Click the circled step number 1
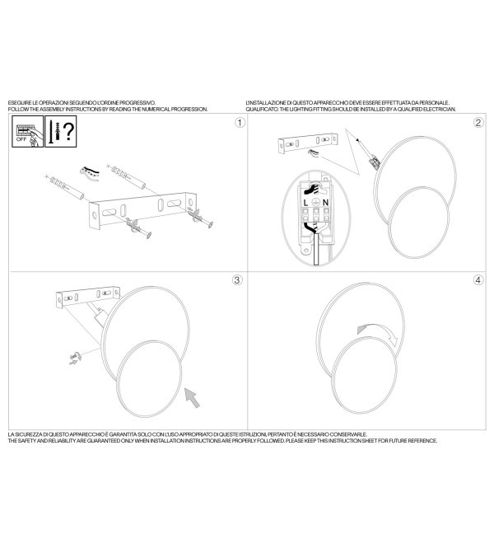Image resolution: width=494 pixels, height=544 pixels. (x=240, y=123)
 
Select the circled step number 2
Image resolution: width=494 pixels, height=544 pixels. (x=478, y=123)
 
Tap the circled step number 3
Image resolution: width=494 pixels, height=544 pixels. (x=237, y=280)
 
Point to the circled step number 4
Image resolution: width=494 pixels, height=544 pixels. (x=478, y=280)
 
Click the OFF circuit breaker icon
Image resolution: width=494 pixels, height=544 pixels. (x=28, y=132)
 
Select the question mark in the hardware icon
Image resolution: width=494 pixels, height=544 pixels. (x=68, y=131)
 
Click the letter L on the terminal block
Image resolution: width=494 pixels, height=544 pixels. (x=305, y=203)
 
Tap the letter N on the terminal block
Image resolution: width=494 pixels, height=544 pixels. (x=325, y=203)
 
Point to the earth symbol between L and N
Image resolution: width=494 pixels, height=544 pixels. (x=315, y=203)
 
